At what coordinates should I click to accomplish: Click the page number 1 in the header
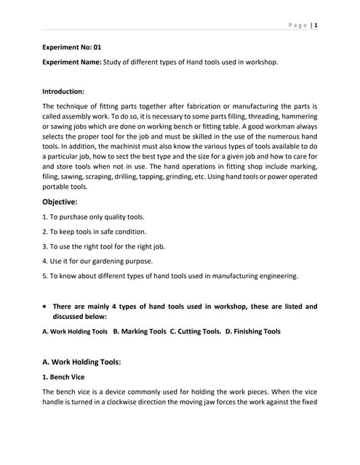tap(316, 25)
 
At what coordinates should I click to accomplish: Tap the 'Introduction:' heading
tap(63, 92)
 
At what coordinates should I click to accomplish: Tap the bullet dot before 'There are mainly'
tap(46, 307)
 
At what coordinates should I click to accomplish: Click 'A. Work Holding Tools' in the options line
tap(75, 332)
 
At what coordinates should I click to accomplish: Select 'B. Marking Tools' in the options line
tap(140, 332)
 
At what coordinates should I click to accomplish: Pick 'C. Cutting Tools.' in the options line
tap(196, 332)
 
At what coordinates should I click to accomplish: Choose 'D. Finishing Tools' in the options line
tap(253, 332)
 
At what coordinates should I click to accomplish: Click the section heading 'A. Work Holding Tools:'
tap(91, 361)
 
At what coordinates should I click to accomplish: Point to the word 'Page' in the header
tap(297, 25)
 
